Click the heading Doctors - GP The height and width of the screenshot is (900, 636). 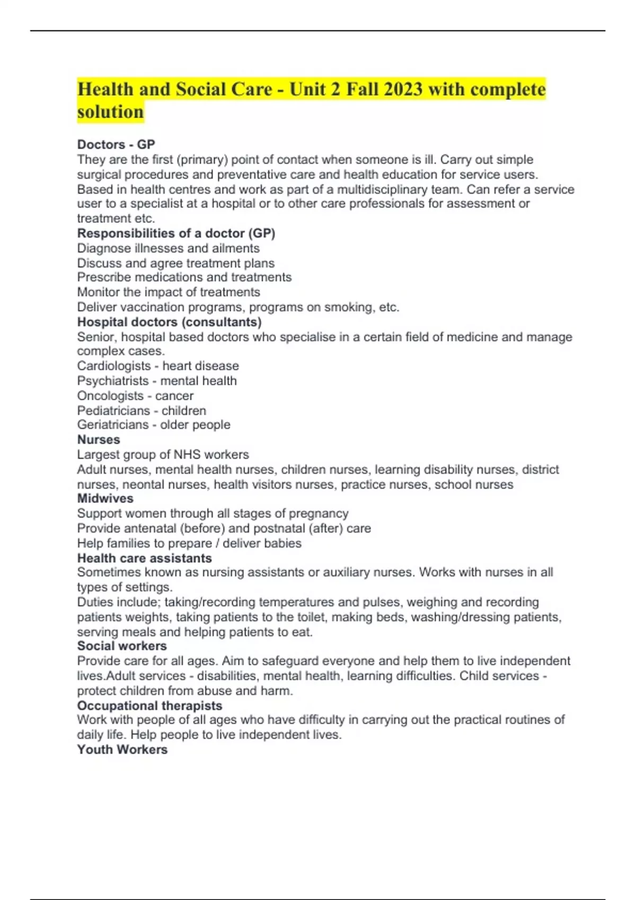point(116,145)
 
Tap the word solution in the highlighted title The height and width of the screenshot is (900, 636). point(110,112)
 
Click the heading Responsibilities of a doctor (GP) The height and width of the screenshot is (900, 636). point(176,233)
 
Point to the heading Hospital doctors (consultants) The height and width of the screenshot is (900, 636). point(169,322)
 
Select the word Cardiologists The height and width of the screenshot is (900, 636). point(113,366)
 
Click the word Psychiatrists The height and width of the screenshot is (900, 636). point(113,381)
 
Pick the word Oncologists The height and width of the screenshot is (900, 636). point(110,395)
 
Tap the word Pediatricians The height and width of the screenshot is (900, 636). point(113,410)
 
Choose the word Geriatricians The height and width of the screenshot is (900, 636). point(113,425)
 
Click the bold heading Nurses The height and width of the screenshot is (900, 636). point(99,439)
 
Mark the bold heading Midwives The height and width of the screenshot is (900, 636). point(105,498)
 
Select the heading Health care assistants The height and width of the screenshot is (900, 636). point(144,558)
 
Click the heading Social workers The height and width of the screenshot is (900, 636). point(122,646)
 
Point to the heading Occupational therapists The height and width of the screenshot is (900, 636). point(149,706)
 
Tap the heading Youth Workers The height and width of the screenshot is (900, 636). point(122,750)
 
